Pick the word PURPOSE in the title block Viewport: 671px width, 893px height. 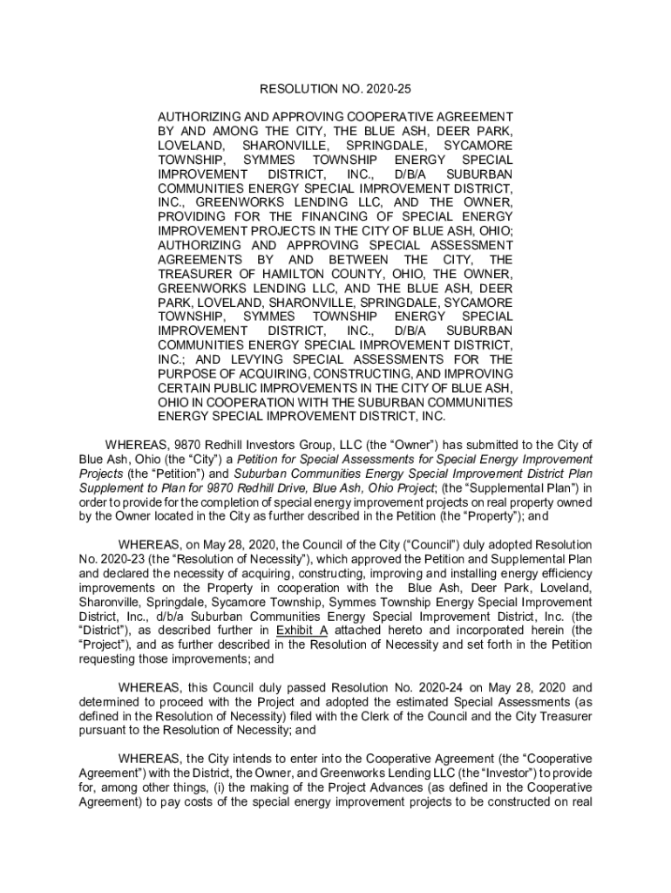[187, 373]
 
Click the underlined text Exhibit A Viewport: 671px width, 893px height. [301, 631]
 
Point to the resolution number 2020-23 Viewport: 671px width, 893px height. [122, 559]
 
